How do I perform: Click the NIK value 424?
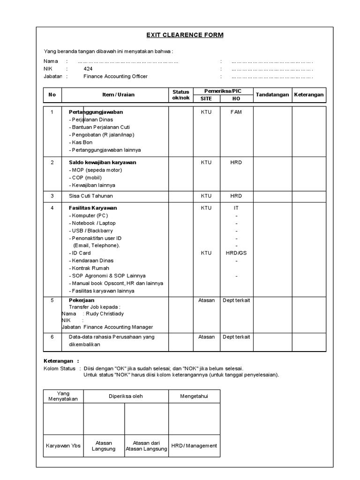tap(88, 68)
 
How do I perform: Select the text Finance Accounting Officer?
tap(115, 76)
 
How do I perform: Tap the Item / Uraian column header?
tap(118, 95)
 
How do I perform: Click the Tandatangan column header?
tap(272, 95)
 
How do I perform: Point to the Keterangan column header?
tap(309, 95)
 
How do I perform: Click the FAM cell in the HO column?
tap(236, 112)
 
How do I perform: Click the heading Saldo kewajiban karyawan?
tap(103, 162)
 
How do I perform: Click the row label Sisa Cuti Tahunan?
tap(91, 196)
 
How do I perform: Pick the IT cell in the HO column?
tap(236, 208)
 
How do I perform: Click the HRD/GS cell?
tap(236, 253)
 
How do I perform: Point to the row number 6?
tap(52, 337)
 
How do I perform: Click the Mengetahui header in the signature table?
tap(194, 397)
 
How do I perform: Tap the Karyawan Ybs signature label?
tap(63, 446)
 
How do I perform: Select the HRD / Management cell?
tap(194, 446)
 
